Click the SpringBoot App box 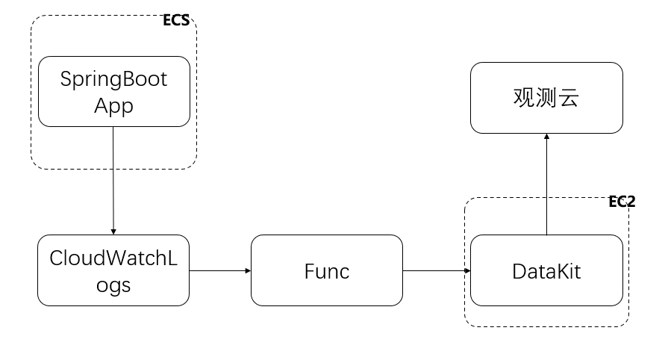coord(114,91)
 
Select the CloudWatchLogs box coord(113,270)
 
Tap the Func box coord(327,270)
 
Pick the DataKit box coord(546,270)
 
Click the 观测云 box coord(546,98)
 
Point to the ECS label coord(176,20)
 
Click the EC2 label coord(622,202)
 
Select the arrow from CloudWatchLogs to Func coord(220,270)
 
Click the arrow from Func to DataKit coord(436,270)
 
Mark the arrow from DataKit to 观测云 coord(546,184)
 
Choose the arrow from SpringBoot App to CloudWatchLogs coord(113,181)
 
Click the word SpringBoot coord(113,79)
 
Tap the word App coord(113,105)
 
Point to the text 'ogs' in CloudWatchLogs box coord(113,285)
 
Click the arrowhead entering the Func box coord(248,270)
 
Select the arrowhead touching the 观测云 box coord(546,137)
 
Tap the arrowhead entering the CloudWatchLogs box coord(113,232)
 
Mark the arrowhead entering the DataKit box coord(467,270)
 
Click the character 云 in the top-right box coord(568,98)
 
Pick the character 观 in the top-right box coord(524,98)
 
